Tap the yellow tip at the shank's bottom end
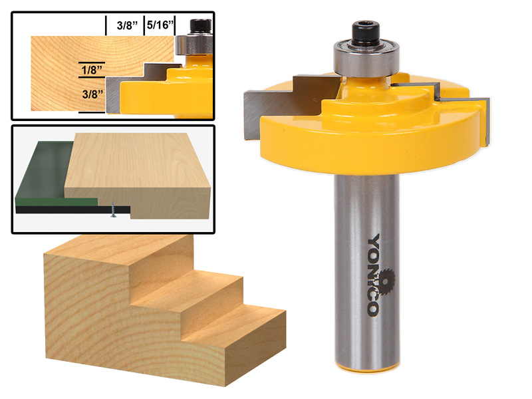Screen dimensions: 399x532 [x=367, y=368]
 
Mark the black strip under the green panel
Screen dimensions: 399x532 [x=60, y=208]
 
